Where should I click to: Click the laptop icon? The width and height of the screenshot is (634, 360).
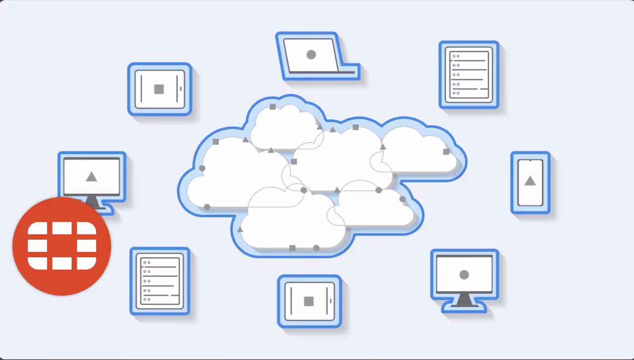click(x=316, y=55)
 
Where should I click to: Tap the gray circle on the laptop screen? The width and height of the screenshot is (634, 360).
click(x=311, y=55)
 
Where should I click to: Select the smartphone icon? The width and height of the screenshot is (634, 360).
click(x=530, y=182)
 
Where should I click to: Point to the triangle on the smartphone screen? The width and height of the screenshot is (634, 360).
click(x=530, y=181)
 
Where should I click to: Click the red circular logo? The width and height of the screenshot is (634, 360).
click(x=61, y=246)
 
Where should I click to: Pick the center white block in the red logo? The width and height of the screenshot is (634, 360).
click(x=62, y=246)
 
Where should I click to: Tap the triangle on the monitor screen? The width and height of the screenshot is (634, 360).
click(x=91, y=176)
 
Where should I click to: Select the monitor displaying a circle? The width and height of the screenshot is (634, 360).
click(x=464, y=280)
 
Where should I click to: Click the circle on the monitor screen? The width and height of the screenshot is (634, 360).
click(x=464, y=274)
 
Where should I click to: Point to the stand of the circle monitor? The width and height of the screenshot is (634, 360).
click(x=464, y=300)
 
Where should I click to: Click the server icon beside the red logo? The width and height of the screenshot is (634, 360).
click(x=159, y=281)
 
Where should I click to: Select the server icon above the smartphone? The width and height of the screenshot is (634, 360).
click(x=469, y=75)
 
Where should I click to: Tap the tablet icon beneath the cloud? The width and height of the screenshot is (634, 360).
click(x=309, y=301)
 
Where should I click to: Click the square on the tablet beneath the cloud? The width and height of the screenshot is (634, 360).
click(x=309, y=301)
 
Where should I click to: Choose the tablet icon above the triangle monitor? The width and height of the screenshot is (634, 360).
click(x=159, y=89)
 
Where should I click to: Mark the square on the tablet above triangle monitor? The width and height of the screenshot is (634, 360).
click(x=159, y=89)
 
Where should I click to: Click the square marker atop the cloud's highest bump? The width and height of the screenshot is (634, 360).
click(x=272, y=106)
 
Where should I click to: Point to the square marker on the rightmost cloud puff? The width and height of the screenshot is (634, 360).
click(x=446, y=152)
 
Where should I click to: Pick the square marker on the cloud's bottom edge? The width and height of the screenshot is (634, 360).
click(x=292, y=248)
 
